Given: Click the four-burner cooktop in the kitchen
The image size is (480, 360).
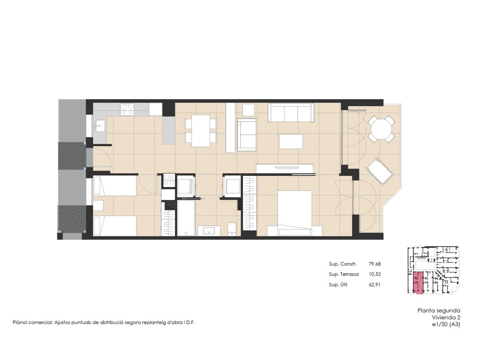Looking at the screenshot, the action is [x=127, y=109].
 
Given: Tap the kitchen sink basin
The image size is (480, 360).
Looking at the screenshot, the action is [x=100, y=126].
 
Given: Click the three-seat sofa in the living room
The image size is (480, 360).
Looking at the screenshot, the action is [x=291, y=113].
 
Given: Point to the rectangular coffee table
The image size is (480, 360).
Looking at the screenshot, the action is [x=291, y=142].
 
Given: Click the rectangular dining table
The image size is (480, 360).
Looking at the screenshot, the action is [x=201, y=131].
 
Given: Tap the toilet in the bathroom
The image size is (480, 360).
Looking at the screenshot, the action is [x=232, y=229].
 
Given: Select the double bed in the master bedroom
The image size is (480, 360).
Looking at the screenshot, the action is [x=294, y=213].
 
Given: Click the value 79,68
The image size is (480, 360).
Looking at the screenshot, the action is [x=375, y=264].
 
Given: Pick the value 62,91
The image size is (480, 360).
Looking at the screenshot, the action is [x=375, y=285].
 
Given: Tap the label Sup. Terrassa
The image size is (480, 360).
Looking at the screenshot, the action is [x=343, y=274].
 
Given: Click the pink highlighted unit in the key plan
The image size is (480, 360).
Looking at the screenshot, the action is [x=418, y=283].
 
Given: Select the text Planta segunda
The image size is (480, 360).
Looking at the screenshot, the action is [x=439, y=310].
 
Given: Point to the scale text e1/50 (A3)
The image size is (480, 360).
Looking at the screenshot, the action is [x=446, y=324].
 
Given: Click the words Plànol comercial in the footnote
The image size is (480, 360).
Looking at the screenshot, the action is [x=33, y=322].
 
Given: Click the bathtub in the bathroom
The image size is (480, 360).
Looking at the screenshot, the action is [x=186, y=218].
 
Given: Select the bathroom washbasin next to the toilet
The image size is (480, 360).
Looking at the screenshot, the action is [x=209, y=231].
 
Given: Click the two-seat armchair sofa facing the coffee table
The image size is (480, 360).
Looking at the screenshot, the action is [x=247, y=135].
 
